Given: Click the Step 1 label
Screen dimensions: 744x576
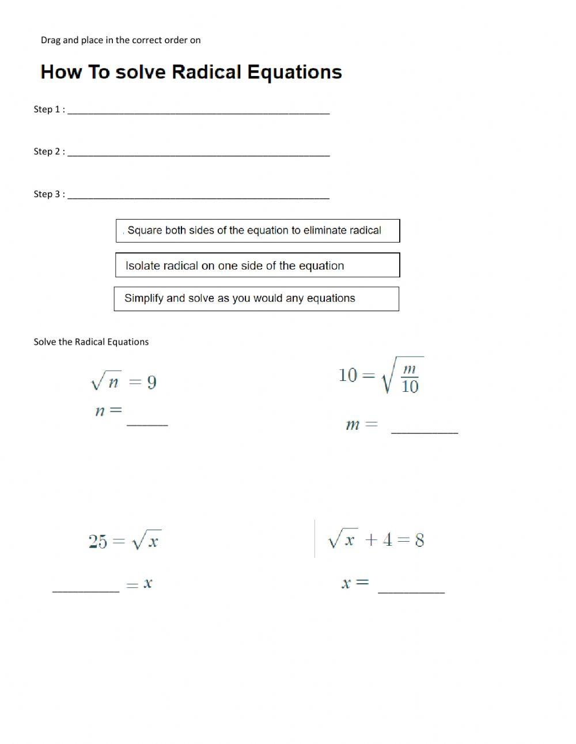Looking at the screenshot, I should tap(49, 109).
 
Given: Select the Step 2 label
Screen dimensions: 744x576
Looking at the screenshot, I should tap(49, 152).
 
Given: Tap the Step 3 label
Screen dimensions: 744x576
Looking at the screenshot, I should tap(49, 194).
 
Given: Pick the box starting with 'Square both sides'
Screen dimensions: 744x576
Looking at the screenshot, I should tap(257, 231).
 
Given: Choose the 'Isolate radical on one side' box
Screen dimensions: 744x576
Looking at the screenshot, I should tap(257, 265).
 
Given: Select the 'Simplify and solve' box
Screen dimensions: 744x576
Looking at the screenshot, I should tap(256, 299).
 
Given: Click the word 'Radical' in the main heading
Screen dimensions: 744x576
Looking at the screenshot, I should tap(206, 72).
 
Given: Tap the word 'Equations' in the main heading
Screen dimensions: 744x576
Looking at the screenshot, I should tap(294, 72).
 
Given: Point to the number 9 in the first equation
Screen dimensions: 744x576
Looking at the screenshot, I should tap(151, 383).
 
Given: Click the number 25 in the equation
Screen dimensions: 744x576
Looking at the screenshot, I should tap(98, 542).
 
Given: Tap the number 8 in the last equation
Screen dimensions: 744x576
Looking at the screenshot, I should tap(419, 541).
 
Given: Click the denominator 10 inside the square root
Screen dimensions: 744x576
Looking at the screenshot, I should tap(410, 387).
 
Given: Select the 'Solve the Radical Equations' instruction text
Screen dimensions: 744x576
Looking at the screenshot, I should tap(91, 342).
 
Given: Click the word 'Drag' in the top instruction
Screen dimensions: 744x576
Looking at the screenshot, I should tap(51, 40).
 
